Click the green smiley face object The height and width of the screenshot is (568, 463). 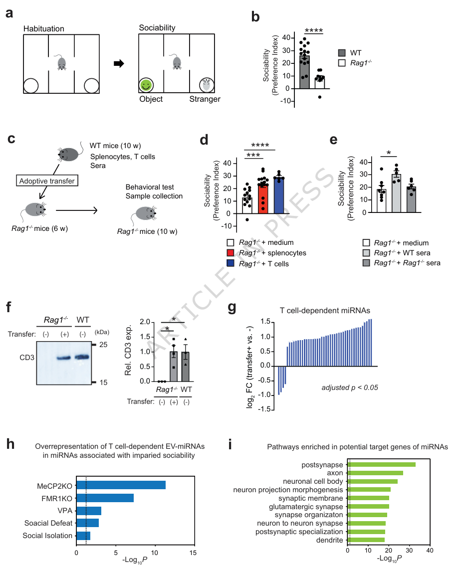click(146, 85)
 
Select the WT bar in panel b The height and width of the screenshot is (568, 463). click(304, 72)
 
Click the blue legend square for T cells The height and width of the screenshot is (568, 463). click(230, 263)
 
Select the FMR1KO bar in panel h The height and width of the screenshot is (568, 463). click(105, 497)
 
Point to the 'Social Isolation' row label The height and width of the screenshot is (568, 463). click(48, 536)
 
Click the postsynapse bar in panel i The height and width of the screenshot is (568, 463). click(382, 465)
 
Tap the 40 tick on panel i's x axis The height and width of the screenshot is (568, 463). click(430, 551)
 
